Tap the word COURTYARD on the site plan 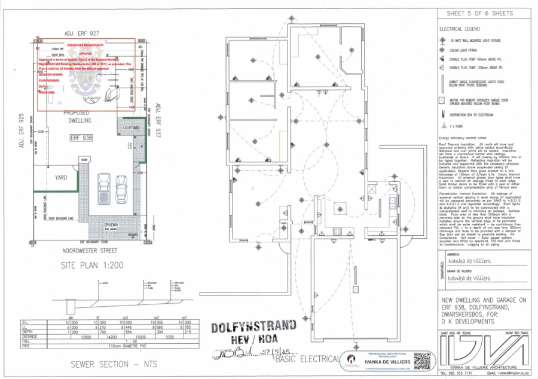[131, 128]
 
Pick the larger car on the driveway [103, 188]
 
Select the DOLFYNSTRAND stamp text [253, 326]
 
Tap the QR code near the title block [422, 360]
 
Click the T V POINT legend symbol [443, 126]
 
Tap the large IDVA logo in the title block [484, 355]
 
